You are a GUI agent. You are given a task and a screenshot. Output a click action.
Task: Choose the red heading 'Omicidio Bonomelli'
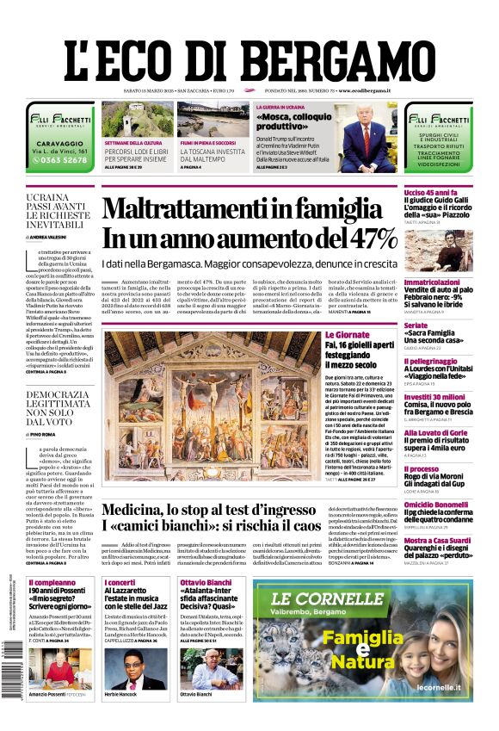437,505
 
